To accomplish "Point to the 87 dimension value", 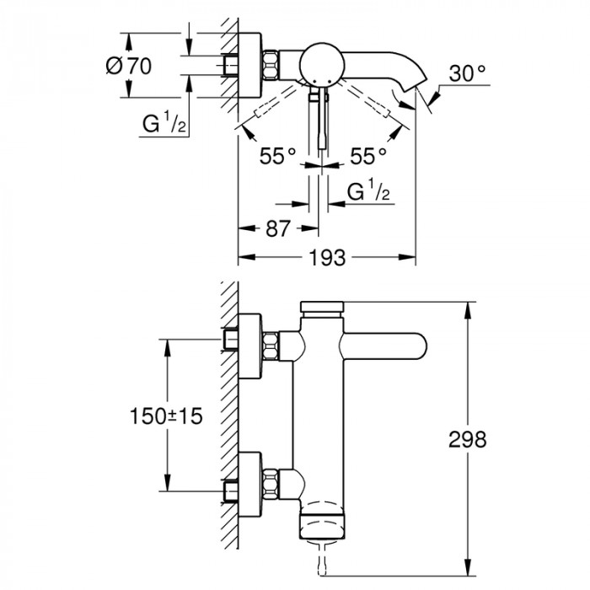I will tap(276, 228).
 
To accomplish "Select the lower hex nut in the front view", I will tap(271, 484).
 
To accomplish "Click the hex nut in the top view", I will tap(271, 64).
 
